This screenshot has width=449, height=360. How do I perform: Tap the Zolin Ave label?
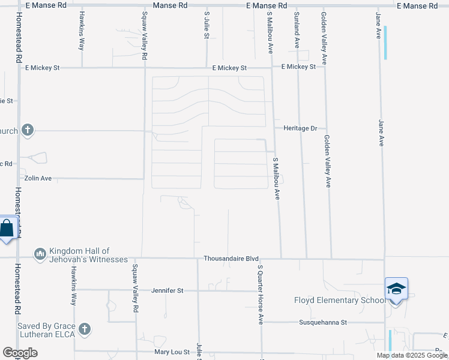point(38,178)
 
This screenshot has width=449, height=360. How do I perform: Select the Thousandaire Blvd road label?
point(227,259)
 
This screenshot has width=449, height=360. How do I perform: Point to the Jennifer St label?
point(167,290)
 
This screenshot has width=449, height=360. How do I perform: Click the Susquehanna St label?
point(323,322)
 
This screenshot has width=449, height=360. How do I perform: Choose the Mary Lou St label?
point(172,352)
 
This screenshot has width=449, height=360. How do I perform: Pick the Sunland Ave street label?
point(297,32)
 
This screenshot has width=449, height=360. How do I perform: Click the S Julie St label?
point(206,25)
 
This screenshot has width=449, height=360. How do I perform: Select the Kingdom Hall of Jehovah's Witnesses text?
point(88,255)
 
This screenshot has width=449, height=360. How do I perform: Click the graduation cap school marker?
point(396,290)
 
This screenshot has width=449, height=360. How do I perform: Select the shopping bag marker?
point(7,228)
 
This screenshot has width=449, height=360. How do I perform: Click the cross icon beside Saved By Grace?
point(85,329)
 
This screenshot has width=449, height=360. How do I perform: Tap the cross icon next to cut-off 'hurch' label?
point(27,130)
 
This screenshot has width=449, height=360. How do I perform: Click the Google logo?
point(20,353)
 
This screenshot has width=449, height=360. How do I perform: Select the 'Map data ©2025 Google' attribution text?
point(412,355)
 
